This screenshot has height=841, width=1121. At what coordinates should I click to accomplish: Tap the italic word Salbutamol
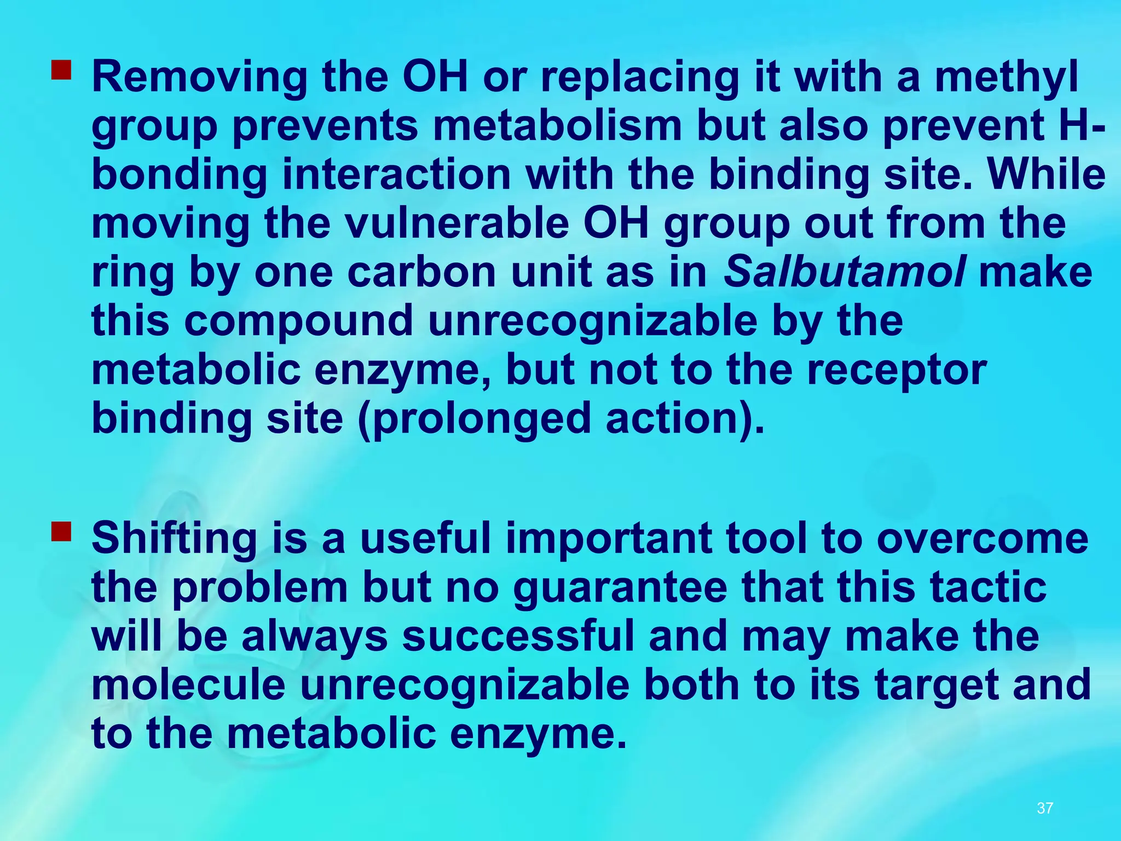(x=844, y=272)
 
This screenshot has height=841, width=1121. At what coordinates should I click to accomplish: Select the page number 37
(x=1045, y=808)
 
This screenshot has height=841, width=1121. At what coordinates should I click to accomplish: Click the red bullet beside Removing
(x=61, y=70)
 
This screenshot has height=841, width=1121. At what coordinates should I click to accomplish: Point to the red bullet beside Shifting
(x=61, y=532)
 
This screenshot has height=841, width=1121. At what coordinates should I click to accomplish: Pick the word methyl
(x=1006, y=78)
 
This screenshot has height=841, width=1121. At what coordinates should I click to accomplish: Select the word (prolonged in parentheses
(x=474, y=419)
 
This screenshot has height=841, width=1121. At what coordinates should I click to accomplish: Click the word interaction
(x=396, y=175)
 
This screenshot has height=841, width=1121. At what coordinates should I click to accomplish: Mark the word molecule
(x=188, y=686)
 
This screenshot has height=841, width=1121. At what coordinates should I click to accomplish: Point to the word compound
(x=298, y=321)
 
